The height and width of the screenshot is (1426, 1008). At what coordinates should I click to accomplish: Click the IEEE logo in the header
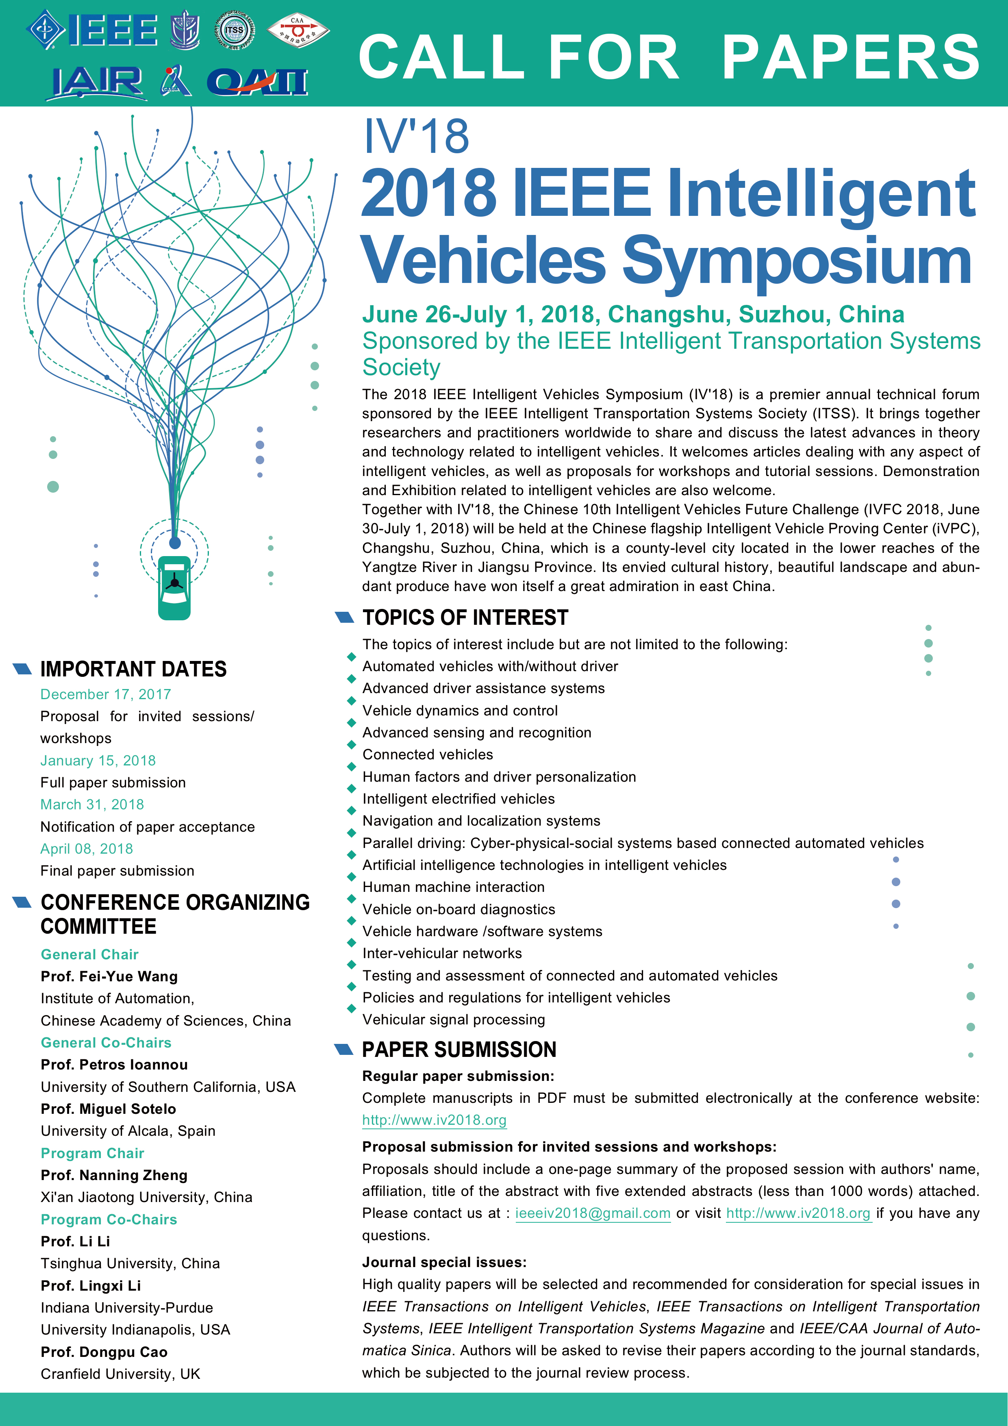[93, 29]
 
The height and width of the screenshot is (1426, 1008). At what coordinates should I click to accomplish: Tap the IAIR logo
[97, 83]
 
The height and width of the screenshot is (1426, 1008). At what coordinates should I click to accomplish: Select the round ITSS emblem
[234, 30]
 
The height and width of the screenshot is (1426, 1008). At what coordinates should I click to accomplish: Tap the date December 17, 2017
[106, 694]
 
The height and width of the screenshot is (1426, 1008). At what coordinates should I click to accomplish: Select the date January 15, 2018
[98, 761]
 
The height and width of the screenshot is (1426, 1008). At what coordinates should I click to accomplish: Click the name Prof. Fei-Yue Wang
[109, 976]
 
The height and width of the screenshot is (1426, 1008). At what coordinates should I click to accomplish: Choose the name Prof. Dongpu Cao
[104, 1352]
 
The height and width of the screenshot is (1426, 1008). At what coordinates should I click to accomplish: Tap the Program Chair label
[93, 1153]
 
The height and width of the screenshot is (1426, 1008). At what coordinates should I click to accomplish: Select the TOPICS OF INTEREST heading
[465, 617]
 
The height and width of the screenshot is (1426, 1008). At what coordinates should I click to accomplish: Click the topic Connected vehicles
[428, 754]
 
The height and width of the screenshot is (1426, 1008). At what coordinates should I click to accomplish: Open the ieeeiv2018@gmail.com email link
[593, 1213]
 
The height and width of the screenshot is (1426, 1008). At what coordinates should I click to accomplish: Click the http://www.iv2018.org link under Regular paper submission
[434, 1120]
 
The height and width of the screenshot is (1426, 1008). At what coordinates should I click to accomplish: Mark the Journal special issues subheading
[444, 1262]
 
